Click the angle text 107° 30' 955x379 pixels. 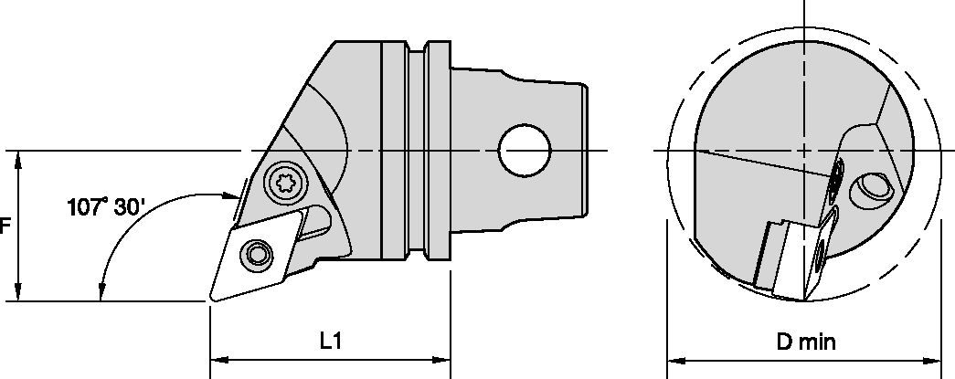point(106,206)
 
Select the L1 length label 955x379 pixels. point(330,342)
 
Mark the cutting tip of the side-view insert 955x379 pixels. point(212,298)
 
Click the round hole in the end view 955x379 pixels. point(870,189)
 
